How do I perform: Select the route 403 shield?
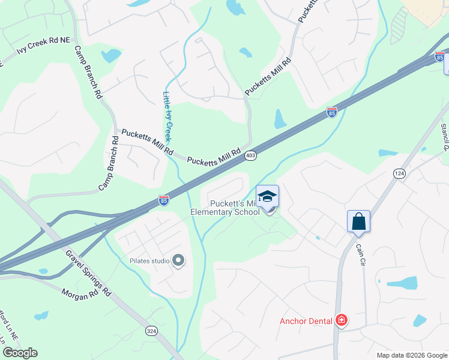tap(251, 156)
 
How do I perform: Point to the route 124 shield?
tap(399, 173)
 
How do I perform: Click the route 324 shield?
tap(152, 331)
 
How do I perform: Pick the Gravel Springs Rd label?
tap(91, 273)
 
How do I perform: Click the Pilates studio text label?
tap(150, 260)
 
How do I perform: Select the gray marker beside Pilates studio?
tap(178, 260)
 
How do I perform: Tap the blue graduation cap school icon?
tap(268, 196)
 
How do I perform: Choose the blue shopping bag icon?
tap(358, 221)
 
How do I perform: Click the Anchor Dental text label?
tap(306, 321)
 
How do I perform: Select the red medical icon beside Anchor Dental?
tap(342, 321)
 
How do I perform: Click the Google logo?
tap(20, 353)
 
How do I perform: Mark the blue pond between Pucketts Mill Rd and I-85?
tap(280, 119)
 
